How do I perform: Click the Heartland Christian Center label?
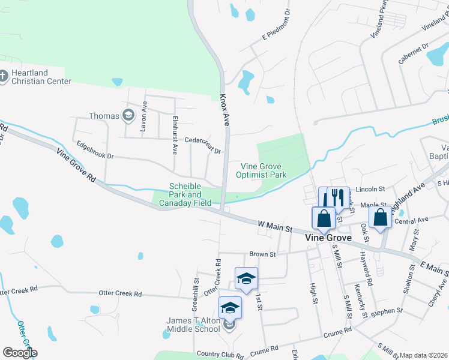pos(37,77)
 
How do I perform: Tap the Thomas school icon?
pos(128,115)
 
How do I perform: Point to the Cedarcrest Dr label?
pos(203,144)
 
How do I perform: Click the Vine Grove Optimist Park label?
pos(264,170)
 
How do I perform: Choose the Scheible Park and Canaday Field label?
pos(185,195)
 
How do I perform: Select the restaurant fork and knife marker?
pos(337,199)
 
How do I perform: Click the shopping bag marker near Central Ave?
pos(381,218)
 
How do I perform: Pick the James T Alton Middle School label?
pos(193,325)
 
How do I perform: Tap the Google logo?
pos(20,353)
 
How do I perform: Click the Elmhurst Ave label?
pos(175,135)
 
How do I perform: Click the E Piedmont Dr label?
pos(277,26)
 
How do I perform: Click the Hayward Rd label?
pos(366,268)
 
